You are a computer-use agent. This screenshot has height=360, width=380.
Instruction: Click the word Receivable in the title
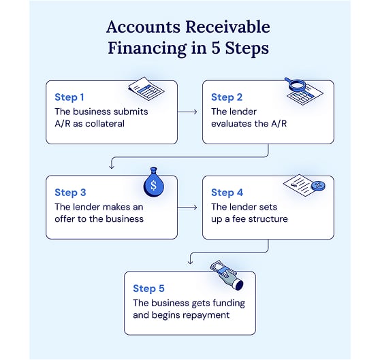pos(228,27)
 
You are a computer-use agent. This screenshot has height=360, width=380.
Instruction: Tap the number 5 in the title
pos(216,48)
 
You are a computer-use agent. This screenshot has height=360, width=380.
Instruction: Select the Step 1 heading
pos(69,97)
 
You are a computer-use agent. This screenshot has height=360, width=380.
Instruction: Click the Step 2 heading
pos(227,97)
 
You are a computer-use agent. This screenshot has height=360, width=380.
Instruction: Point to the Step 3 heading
pos(70,193)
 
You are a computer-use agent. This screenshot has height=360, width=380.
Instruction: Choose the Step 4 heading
pos(227,193)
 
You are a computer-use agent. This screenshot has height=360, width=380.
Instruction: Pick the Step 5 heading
pos(148,289)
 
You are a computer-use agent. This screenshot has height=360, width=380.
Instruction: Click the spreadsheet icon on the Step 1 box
pos(146,89)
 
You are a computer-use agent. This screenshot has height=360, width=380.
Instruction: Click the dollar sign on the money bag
pos(154,186)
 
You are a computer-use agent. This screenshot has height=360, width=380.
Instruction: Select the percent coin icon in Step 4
pos(318,186)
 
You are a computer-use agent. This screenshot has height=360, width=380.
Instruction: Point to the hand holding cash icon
pos(227,275)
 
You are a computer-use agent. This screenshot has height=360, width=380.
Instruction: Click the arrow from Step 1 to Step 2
pos(187,112)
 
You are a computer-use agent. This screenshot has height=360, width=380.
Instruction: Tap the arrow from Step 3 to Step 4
pos(187,208)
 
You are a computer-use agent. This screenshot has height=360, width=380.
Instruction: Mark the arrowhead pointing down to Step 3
pos(112,167)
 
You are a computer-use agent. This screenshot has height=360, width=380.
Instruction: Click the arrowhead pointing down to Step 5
pos(190,262)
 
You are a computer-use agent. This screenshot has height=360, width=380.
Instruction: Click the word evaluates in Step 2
pos(229,124)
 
